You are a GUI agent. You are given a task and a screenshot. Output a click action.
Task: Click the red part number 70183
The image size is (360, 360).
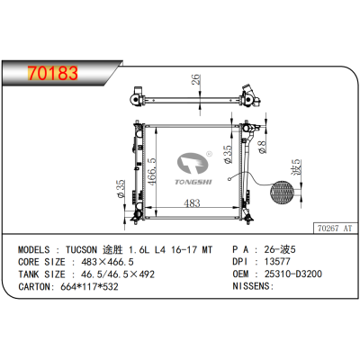[x=53, y=73]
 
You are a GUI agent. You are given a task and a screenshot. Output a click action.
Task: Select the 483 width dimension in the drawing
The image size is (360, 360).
[x=192, y=203]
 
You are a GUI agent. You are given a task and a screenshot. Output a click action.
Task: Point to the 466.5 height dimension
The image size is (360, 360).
[x=152, y=172]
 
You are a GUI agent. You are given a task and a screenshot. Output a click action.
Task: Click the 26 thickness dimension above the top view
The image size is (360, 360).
[x=195, y=79]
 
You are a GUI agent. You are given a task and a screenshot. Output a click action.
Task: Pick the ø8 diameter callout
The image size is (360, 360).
[x=262, y=147]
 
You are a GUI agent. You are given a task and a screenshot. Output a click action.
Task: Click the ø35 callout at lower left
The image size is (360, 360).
[x=121, y=188]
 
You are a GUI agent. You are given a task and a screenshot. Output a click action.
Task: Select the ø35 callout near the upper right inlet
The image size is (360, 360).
[x=228, y=154]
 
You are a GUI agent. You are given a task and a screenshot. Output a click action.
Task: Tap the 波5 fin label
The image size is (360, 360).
[x=295, y=167]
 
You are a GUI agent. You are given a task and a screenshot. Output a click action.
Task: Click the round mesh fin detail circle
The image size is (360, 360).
[x=283, y=193]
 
